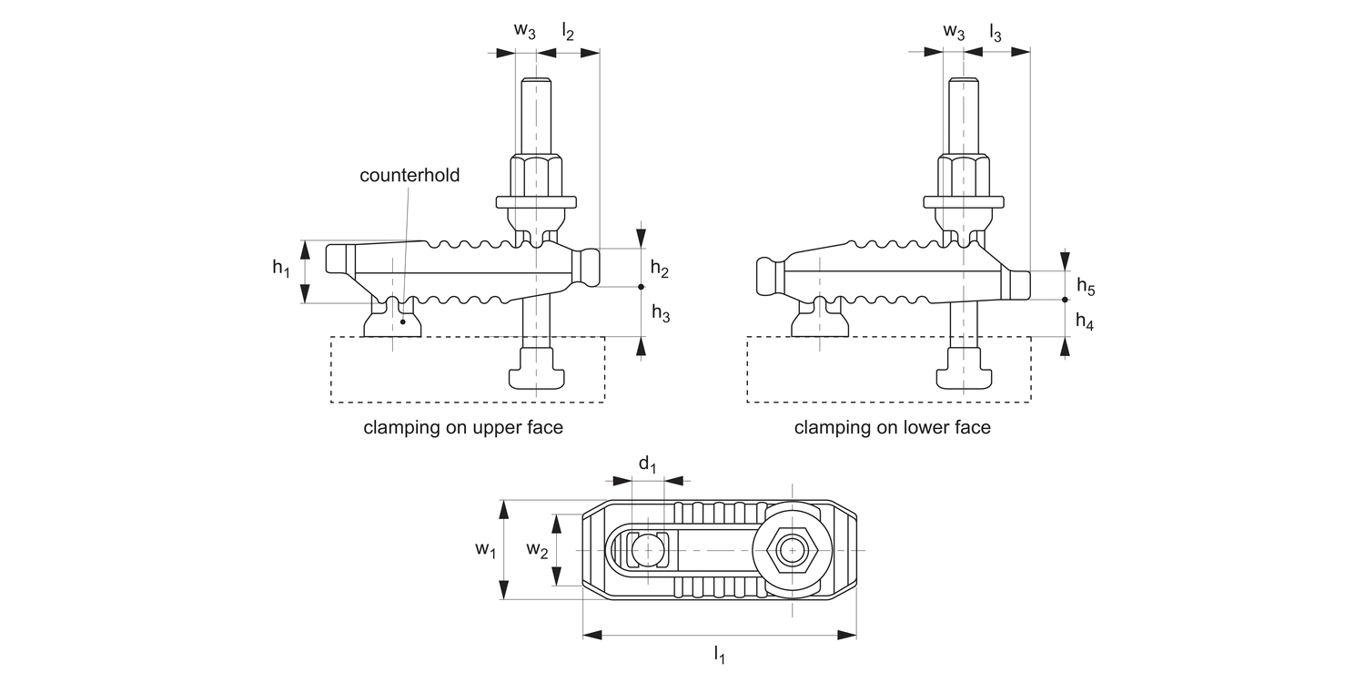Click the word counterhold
tap(409, 176)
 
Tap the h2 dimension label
tap(660, 270)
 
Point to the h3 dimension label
tap(660, 315)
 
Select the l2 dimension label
tap(568, 32)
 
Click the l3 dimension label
tap(996, 32)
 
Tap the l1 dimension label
tap(719, 653)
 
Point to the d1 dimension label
tap(647, 464)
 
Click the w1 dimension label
tap(485, 549)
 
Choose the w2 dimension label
tap(538, 549)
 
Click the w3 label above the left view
tap(525, 30)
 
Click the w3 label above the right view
tap(954, 30)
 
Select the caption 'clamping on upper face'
tap(463, 427)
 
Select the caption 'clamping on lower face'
tap(892, 427)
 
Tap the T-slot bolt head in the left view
tap(537, 371)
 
